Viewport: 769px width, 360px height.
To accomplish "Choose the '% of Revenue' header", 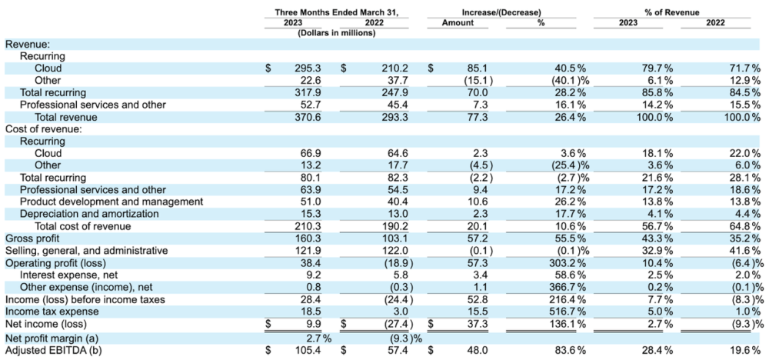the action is [x=672, y=12].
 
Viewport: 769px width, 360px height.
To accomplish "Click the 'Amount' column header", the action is [x=458, y=22].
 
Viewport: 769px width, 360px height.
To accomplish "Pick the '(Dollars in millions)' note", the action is [x=337, y=33].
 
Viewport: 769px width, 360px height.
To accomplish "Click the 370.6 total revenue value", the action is [x=311, y=117].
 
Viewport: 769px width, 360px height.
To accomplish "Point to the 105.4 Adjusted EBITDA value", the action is [x=311, y=350].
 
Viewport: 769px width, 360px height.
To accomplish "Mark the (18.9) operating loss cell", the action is [x=396, y=263].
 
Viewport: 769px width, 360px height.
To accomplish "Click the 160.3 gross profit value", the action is [x=311, y=238].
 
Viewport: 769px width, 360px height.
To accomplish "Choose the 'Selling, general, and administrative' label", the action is [x=86, y=251].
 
